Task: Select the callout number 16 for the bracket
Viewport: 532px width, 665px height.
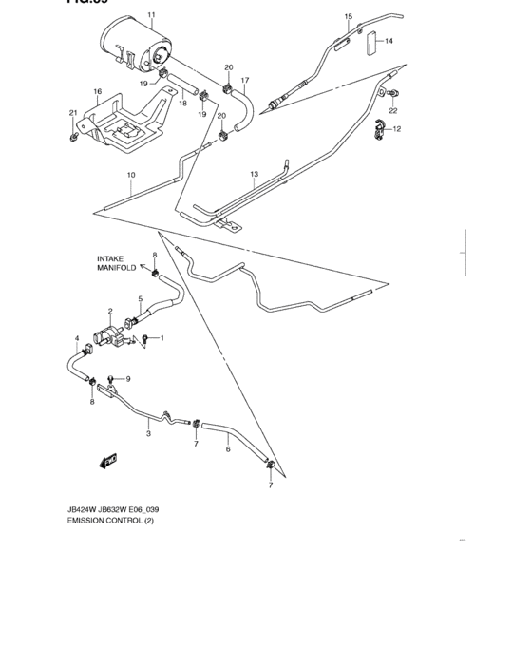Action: point(97,91)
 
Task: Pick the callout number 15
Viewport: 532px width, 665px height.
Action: point(348,17)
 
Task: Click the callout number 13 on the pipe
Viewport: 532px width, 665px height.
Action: point(254,175)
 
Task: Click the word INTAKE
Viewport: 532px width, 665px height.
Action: point(110,258)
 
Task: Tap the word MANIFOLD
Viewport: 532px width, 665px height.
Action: point(115,269)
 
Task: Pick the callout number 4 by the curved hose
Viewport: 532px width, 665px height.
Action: point(78,338)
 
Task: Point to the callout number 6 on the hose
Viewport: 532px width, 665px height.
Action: point(228,449)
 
